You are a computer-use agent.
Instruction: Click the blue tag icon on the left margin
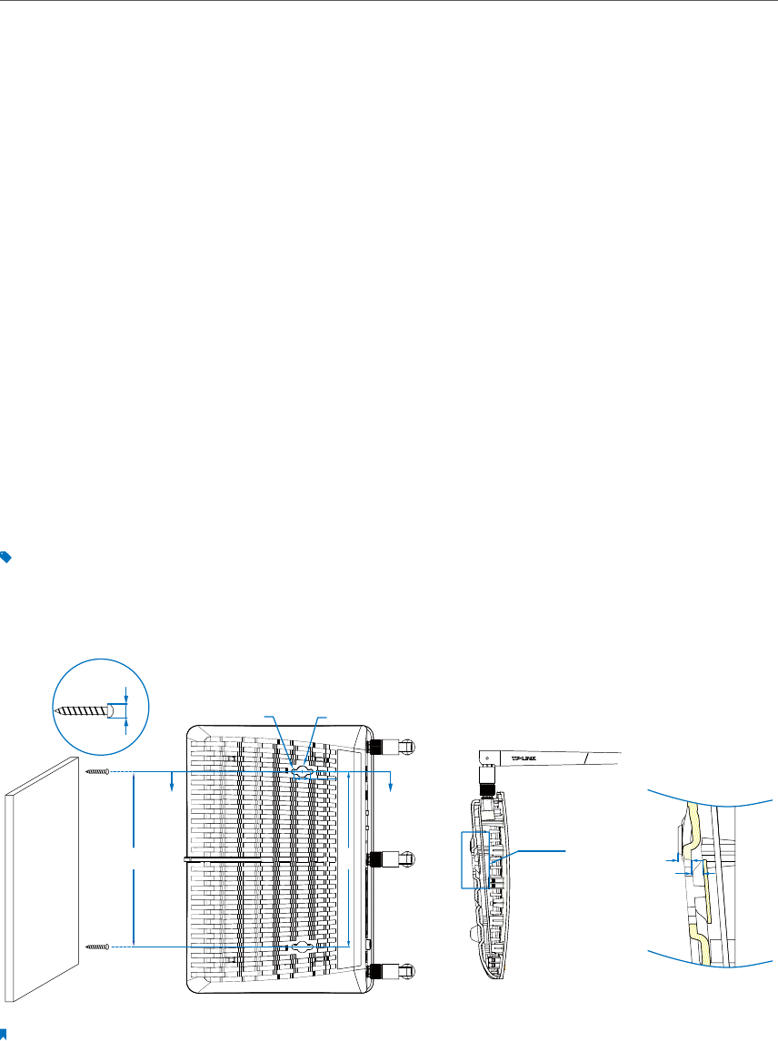point(5,558)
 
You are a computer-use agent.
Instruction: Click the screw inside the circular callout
point(82,709)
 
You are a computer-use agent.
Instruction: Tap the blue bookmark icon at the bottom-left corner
point(5,1033)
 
